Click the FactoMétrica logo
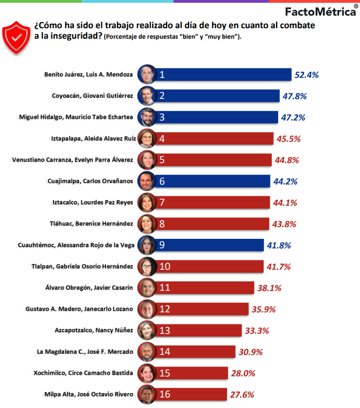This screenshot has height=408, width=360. coord(320,11)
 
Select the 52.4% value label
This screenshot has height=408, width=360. coord(307,75)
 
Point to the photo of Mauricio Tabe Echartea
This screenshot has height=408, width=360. coord(147,117)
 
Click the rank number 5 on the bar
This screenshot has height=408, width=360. coord(163,160)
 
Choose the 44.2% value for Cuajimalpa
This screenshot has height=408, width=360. coord(285,181)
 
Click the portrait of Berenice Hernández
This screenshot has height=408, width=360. coord(147,223)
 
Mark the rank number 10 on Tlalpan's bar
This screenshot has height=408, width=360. coord(165,266)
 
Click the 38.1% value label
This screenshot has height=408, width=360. coord(269,287)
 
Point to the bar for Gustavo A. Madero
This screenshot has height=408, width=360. coord(205,309)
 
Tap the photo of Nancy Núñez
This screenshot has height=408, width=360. coord(147,330)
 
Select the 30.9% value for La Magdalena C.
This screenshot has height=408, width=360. coord(249,352)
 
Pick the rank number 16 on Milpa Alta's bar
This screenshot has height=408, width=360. coord(165,394)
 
